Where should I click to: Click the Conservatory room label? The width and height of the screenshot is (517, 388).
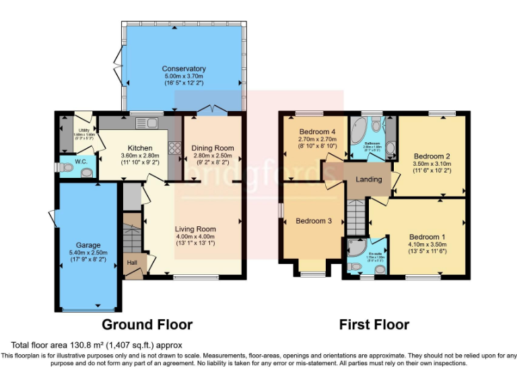pos(183,69)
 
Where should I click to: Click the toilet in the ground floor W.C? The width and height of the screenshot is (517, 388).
pos(85,172)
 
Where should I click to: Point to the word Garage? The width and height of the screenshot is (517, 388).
pos(88,245)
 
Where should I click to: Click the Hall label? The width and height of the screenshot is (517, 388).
pos(133,262)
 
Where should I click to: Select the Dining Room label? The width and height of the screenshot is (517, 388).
pos(213,148)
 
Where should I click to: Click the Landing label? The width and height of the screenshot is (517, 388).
pos(369,179)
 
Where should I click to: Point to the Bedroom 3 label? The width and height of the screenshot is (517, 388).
pos(314,221)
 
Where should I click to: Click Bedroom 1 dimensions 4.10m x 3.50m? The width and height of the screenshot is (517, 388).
pos(427,245)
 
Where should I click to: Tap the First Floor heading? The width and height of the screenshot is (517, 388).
pos(374,325)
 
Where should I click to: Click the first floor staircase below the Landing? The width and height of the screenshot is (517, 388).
pos(357,216)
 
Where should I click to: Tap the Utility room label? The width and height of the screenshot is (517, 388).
pos(83,130)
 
